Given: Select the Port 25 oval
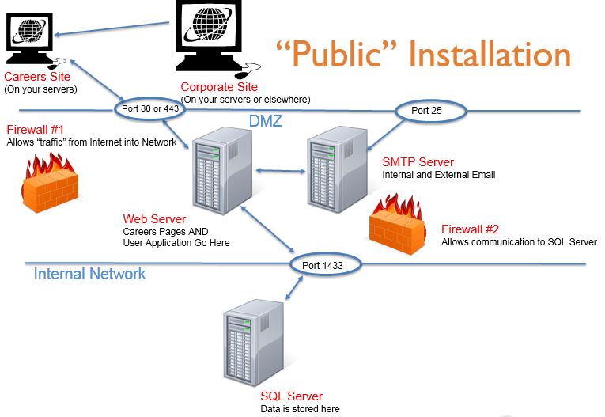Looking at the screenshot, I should pyautogui.click(x=428, y=110).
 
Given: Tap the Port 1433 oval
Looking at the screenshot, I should pyautogui.click(x=322, y=265).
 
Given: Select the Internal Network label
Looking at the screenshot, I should pyautogui.click(x=89, y=274).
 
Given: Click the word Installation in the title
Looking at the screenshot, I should pyautogui.click(x=490, y=55).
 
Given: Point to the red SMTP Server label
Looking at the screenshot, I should pyautogui.click(x=418, y=162).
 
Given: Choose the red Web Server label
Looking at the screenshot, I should pyautogui.click(x=154, y=218).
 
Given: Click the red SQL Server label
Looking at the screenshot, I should pyautogui.click(x=291, y=396).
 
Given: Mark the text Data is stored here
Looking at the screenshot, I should pyautogui.click(x=300, y=409).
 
